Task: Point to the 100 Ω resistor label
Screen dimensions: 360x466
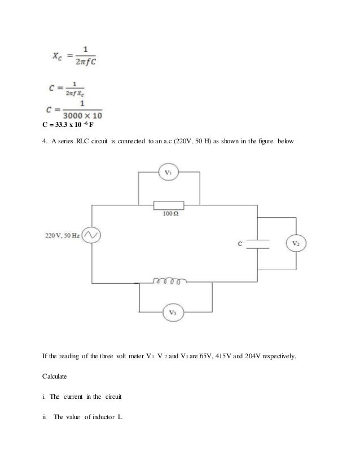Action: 170,215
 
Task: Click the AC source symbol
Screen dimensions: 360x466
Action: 90,234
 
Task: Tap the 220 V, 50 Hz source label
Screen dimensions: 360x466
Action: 62,234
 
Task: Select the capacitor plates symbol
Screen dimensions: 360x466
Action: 257,244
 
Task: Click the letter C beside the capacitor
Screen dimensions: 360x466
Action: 240,244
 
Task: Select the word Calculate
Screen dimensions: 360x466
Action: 59,375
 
